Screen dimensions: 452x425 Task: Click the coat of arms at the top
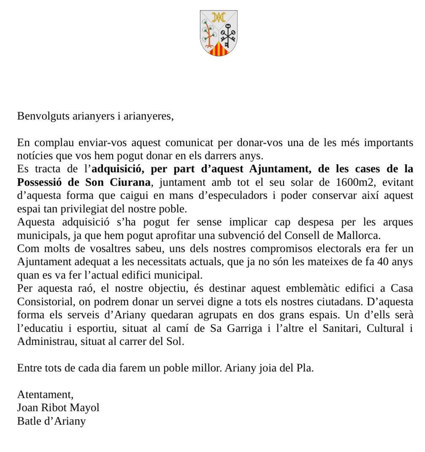pyautogui.click(x=218, y=33)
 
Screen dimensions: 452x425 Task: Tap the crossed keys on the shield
pyautogui.click(x=229, y=36)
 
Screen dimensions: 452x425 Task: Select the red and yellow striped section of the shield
pyautogui.click(x=219, y=50)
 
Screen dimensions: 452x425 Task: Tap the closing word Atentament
pyautogui.click(x=45, y=395)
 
